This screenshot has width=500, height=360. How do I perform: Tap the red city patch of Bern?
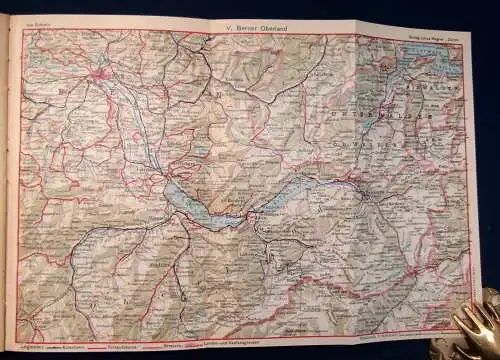click(99, 72)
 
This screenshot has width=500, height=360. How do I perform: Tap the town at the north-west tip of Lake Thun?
click(164, 180)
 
